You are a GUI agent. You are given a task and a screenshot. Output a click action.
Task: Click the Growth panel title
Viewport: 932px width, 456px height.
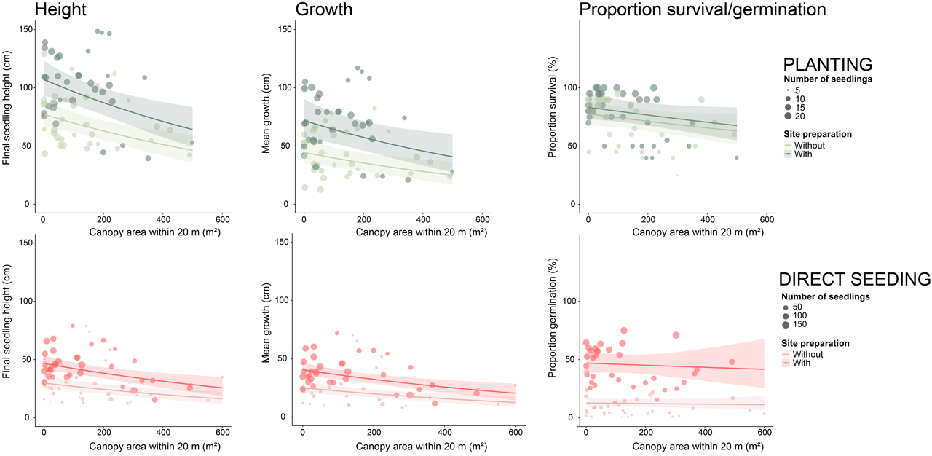coord(324,9)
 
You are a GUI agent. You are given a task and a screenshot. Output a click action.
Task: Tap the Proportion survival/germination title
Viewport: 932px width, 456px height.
coord(702,9)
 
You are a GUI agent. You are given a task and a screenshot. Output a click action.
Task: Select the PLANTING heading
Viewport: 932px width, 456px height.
coord(827,64)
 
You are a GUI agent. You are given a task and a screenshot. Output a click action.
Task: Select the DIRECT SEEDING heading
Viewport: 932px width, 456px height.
coord(855,279)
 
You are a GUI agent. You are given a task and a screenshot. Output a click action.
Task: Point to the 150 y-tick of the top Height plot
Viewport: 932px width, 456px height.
coord(28,28)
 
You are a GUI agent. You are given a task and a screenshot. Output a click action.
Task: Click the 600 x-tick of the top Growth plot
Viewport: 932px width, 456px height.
coord(481,219)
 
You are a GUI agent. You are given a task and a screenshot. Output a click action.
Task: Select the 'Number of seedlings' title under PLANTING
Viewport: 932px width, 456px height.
coord(828,79)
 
